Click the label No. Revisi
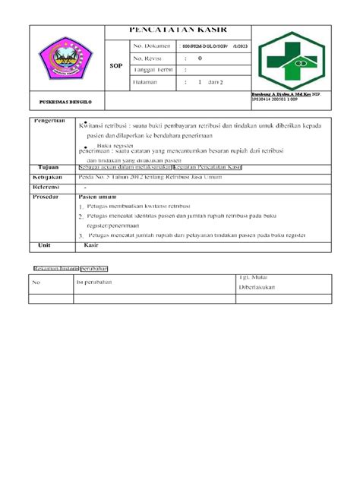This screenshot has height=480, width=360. pyautogui.click(x=149, y=58)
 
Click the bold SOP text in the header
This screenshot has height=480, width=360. pyautogui.click(x=115, y=65)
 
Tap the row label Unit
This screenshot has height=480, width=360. pyautogui.click(x=43, y=245)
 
